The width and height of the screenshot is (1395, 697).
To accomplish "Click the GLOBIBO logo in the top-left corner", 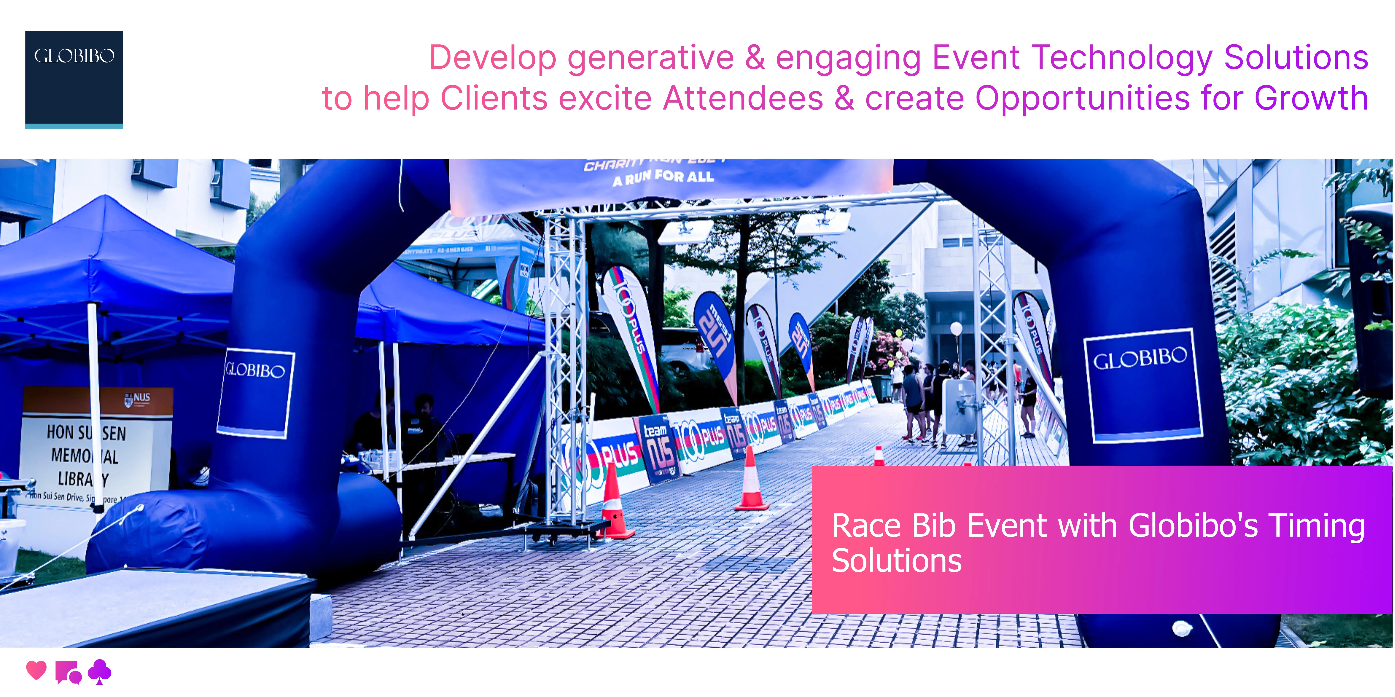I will pos(74,79).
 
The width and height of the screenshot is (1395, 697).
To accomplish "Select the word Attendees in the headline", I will pos(743,98).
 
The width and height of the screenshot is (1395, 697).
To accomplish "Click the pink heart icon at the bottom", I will pos(36,670).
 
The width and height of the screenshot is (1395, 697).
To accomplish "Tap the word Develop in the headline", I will pos(493,58).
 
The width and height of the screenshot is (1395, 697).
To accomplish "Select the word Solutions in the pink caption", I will pos(897,561).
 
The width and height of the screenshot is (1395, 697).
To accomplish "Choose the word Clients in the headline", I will pos(494,98).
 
